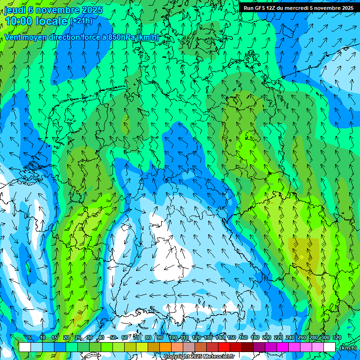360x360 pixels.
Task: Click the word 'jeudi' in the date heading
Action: point(15,10)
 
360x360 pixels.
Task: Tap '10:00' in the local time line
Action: point(19,22)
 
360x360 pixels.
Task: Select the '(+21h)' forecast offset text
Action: point(81,21)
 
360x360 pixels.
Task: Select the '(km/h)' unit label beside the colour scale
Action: point(348,348)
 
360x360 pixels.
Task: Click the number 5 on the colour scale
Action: point(30,337)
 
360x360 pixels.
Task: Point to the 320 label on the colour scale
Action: point(337,337)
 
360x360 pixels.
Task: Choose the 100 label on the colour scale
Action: point(173,337)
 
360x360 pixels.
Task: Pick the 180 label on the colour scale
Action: point(255,337)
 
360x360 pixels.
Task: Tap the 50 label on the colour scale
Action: point(113,337)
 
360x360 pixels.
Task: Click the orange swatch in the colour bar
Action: point(165,347)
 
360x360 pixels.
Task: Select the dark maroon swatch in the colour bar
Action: point(247,347)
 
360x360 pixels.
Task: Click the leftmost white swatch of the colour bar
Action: point(24,347)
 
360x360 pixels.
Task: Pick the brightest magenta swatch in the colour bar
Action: point(283,347)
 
